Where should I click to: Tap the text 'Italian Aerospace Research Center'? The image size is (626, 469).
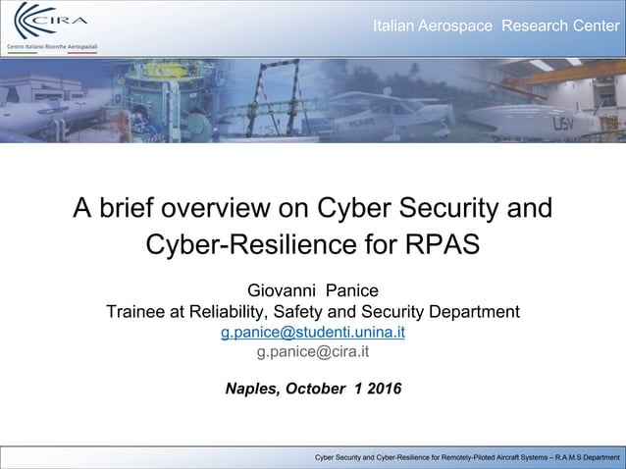(496, 26)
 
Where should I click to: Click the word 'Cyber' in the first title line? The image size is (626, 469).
(350, 208)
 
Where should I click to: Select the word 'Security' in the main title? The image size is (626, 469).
(447, 208)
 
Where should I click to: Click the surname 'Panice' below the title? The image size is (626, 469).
(350, 291)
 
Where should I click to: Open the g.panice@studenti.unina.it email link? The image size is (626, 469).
(312, 333)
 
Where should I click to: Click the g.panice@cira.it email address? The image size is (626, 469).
(312, 352)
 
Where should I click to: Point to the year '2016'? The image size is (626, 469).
(383, 388)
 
